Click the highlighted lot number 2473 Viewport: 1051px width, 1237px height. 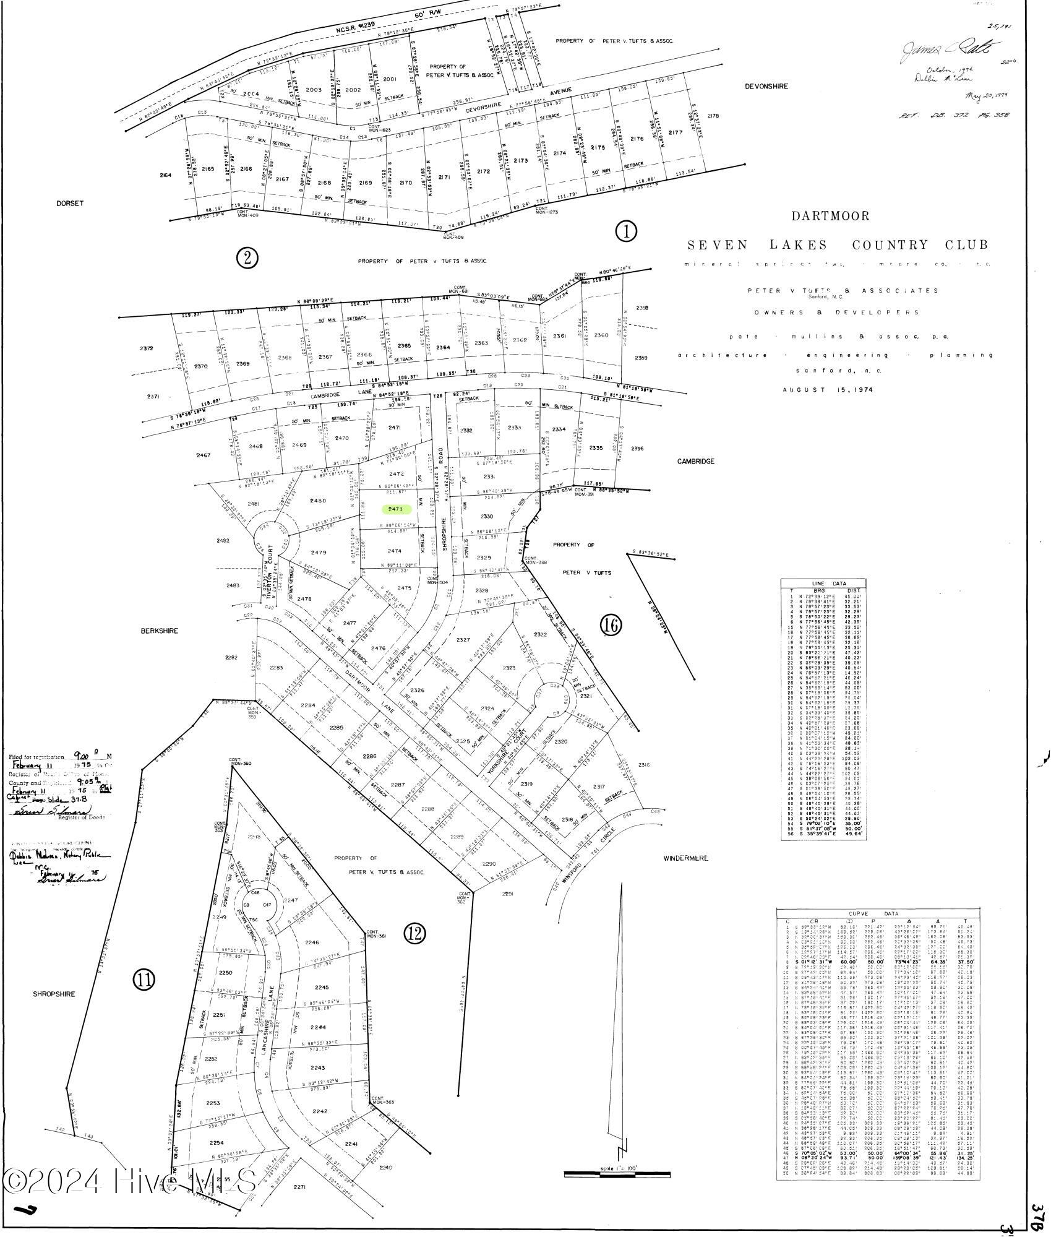(396, 509)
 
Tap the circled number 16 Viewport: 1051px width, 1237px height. (611, 626)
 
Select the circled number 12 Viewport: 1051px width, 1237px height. (415, 933)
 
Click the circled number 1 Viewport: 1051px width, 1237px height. (626, 231)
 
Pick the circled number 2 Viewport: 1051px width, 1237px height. (247, 257)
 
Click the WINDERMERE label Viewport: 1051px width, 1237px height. (685, 858)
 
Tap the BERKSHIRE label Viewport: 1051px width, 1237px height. (159, 631)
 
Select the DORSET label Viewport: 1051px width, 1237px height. (69, 204)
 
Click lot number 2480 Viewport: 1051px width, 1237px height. (317, 501)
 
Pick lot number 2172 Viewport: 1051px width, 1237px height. (484, 172)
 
